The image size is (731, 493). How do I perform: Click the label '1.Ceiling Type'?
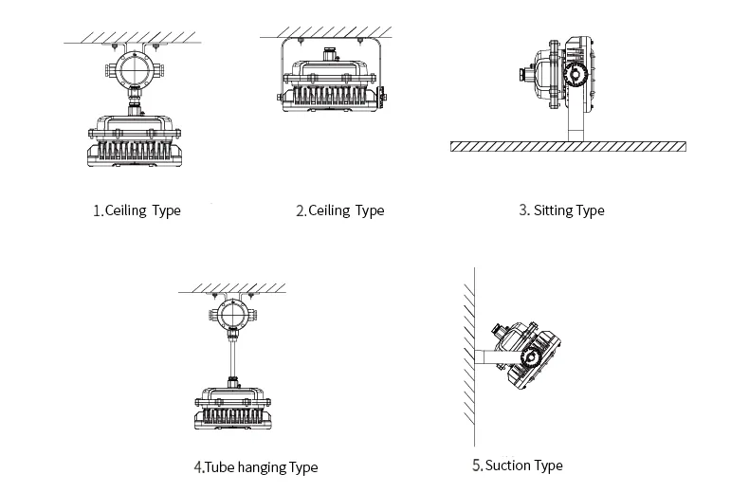[137, 210]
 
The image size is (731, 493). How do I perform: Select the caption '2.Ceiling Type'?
[340, 210]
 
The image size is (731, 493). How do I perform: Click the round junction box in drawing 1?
[133, 70]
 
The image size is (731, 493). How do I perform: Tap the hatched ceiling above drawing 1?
[133, 37]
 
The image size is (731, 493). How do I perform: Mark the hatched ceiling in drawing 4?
[233, 287]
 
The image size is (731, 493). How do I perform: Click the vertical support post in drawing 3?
[574, 123]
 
